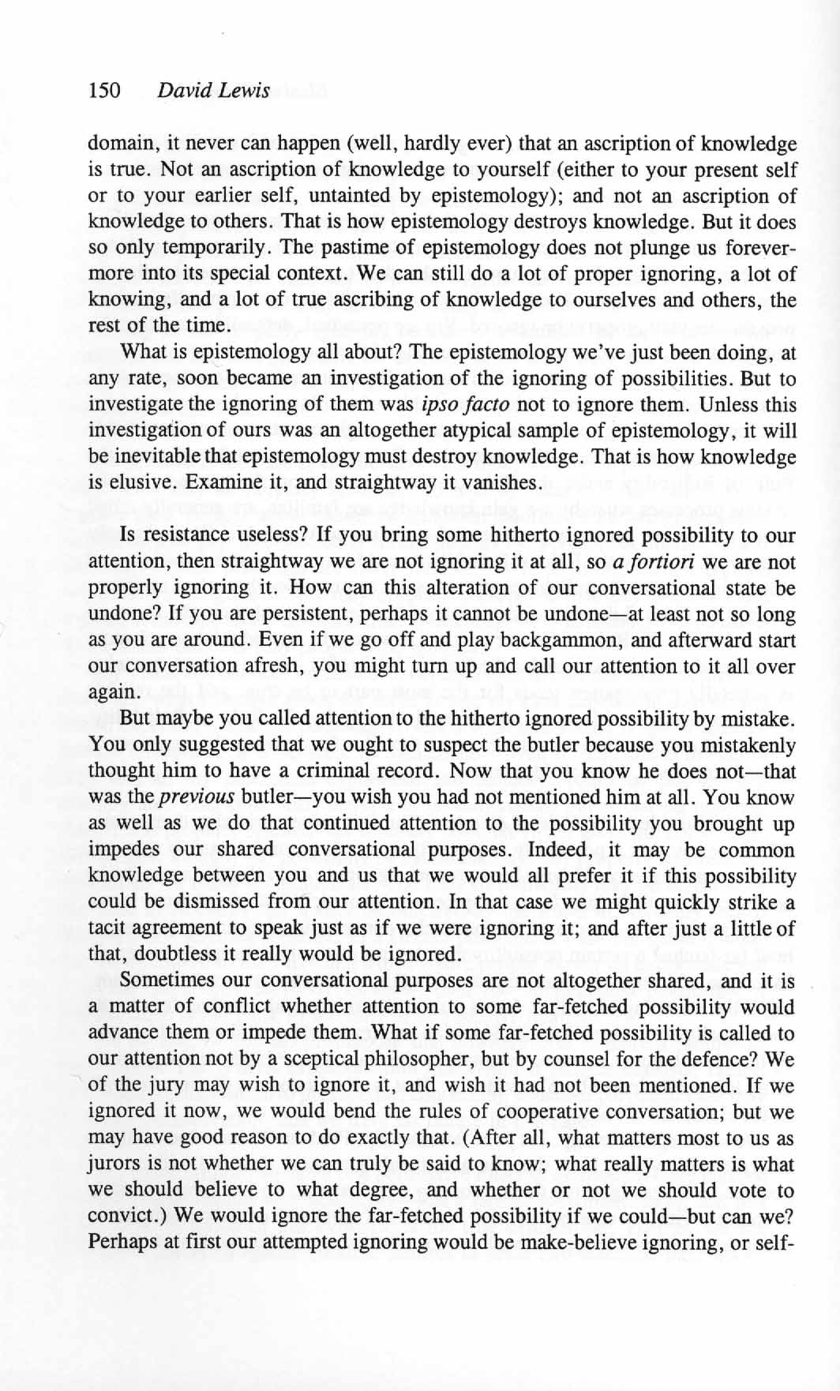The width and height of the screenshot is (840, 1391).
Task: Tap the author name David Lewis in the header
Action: pos(214,91)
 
